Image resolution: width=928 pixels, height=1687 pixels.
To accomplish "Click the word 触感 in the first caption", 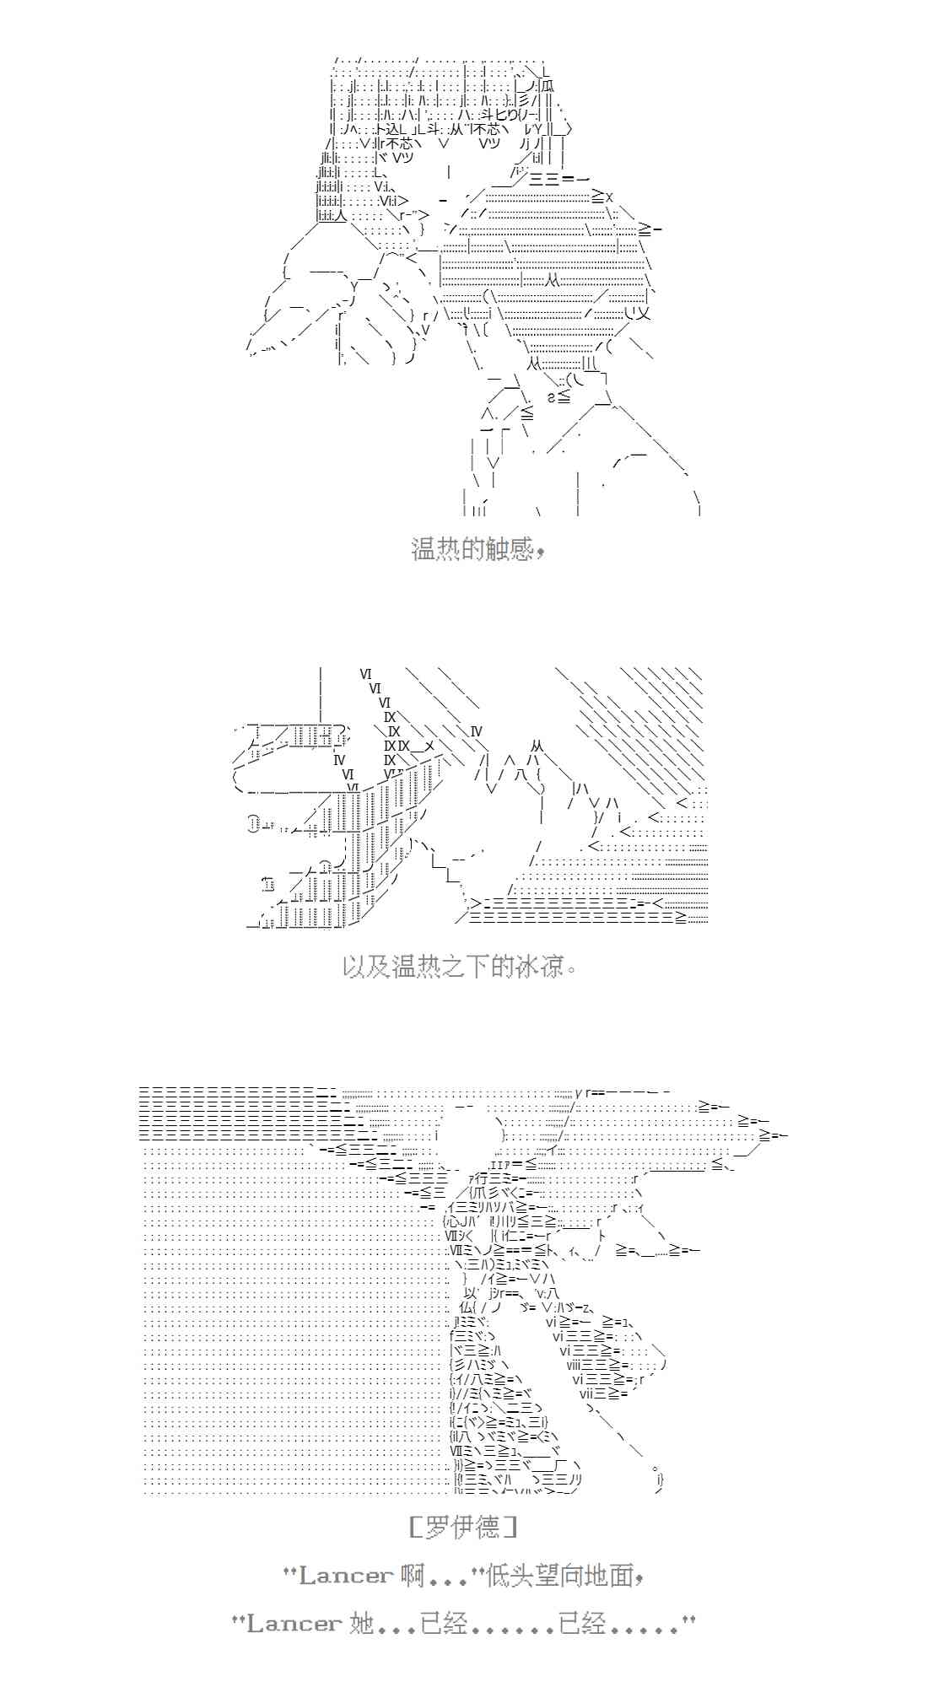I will (503, 549).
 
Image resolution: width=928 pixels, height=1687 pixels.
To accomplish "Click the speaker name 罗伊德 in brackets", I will (462, 1526).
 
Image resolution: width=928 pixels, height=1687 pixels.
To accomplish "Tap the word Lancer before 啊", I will (346, 1575).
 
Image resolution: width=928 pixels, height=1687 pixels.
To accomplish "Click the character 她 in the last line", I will (361, 1623).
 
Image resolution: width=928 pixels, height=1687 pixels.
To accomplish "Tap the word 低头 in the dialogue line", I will (510, 1575).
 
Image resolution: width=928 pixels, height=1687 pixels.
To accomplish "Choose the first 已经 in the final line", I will (443, 1623).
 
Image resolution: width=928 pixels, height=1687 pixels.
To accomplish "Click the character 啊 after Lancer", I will (413, 1575).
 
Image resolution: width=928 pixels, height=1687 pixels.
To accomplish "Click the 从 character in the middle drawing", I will (537, 747).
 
